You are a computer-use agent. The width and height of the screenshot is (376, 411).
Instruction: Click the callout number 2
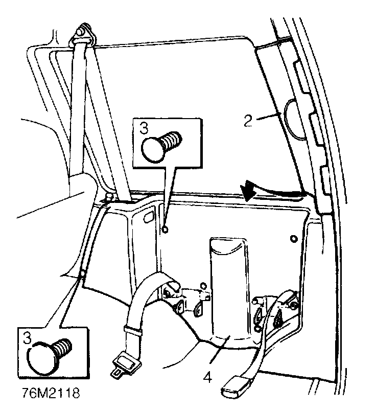[247, 121]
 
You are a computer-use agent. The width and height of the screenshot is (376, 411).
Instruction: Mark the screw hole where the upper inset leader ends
[165, 230]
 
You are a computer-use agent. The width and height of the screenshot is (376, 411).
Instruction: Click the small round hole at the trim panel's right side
[293, 239]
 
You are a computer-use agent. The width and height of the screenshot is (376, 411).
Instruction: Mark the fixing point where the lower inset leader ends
[82, 278]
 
